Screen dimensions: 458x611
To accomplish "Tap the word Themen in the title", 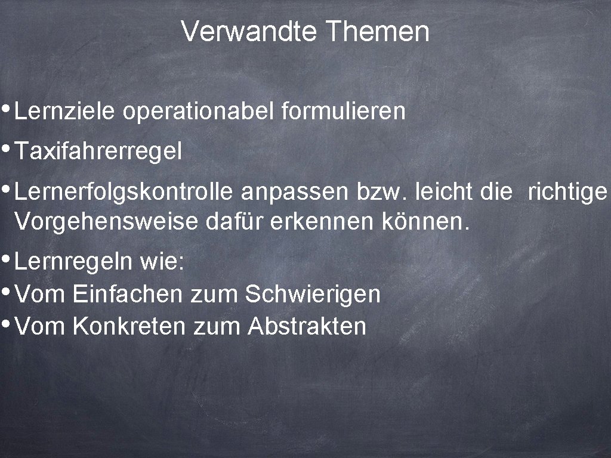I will (x=378, y=32).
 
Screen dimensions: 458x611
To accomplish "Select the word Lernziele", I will (x=65, y=111).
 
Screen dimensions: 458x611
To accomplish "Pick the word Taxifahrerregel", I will (x=98, y=151).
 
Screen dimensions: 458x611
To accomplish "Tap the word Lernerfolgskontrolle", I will (x=125, y=192).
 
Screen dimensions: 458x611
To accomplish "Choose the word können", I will (x=423, y=223).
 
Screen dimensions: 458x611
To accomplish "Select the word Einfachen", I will (x=128, y=294).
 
